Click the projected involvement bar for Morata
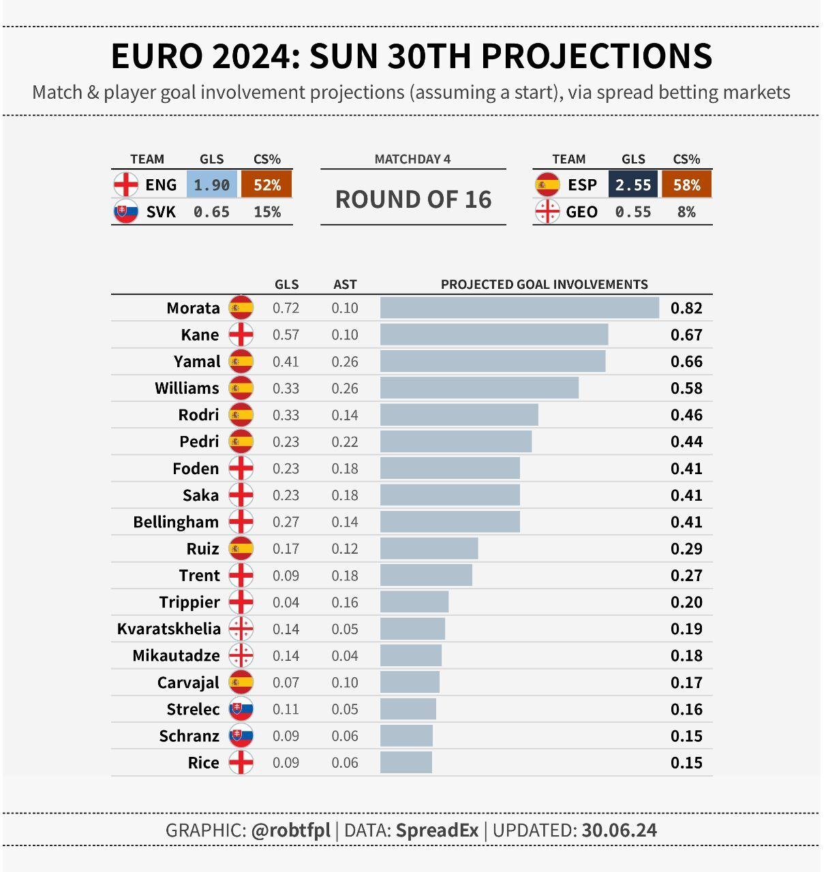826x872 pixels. click(519, 308)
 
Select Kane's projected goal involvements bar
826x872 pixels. click(494, 334)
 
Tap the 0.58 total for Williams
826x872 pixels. click(686, 388)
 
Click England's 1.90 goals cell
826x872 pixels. click(211, 185)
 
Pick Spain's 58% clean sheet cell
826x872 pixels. click(686, 185)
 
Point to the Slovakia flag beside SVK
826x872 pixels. click(125, 212)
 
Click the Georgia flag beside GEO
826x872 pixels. click(547, 212)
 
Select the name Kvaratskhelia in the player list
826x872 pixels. click(169, 629)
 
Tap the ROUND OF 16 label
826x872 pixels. click(413, 200)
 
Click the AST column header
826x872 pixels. click(345, 285)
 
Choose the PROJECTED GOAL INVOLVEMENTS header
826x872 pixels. click(544, 285)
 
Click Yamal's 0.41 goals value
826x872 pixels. click(286, 362)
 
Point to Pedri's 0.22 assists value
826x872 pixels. click(345, 441)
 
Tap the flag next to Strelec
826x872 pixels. click(241, 709)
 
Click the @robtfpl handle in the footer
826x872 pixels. click(290, 830)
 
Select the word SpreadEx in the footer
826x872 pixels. click(437, 830)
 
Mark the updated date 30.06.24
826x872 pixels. click(619, 830)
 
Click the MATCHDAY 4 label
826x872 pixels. click(412, 159)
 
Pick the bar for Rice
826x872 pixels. click(406, 762)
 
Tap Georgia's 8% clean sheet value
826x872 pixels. click(686, 212)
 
